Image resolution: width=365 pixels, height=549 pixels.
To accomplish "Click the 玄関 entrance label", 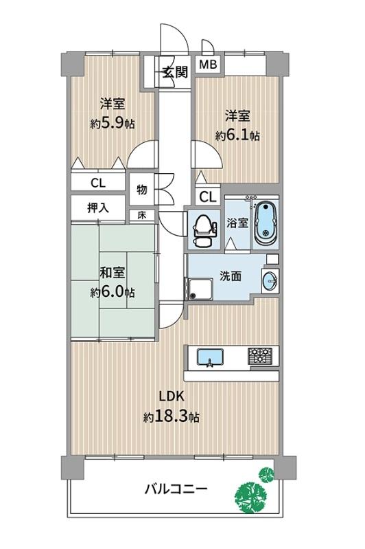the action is click(x=176, y=72).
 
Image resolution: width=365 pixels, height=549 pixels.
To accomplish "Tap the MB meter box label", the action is click(x=208, y=65).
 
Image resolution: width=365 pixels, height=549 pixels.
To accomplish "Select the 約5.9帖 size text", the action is click(x=113, y=123).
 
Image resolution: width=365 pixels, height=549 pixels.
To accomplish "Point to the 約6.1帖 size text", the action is click(x=237, y=135).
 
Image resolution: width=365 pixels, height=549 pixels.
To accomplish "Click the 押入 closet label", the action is click(x=98, y=208).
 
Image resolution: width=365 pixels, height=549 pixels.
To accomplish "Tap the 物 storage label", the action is click(x=141, y=190).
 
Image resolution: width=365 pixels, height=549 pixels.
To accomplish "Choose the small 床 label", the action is click(x=141, y=215).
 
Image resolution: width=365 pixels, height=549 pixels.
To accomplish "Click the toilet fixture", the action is click(x=202, y=229).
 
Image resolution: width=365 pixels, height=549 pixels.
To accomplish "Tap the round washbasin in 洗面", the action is click(x=270, y=280).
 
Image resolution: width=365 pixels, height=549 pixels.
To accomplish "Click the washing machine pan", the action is click(x=200, y=289).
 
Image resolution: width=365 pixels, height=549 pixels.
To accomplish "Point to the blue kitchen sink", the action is click(x=210, y=357).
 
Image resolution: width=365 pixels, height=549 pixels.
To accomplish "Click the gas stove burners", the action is click(x=260, y=356).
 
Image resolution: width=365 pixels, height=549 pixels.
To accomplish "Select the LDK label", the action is click(x=172, y=396).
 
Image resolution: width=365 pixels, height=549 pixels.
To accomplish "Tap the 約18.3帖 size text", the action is click(x=172, y=417).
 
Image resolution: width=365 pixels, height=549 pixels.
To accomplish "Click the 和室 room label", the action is click(x=113, y=273).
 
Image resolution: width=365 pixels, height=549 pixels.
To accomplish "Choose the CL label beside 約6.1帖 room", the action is click(x=208, y=197).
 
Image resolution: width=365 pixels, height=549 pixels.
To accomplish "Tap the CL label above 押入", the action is click(x=98, y=183).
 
